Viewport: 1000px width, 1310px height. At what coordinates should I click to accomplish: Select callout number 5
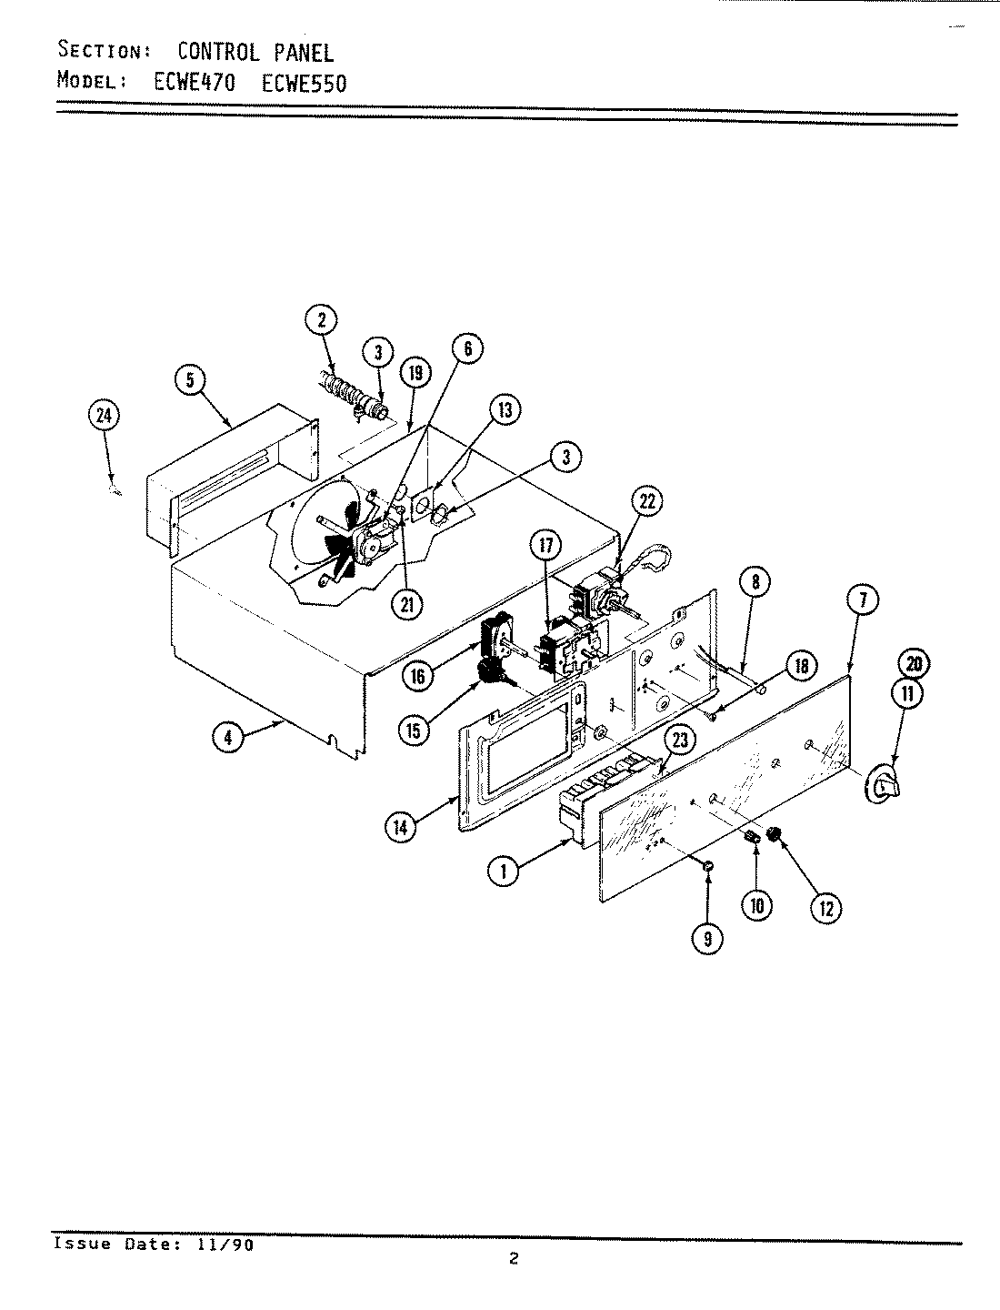click(190, 380)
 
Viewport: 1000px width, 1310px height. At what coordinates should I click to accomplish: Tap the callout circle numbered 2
click(320, 319)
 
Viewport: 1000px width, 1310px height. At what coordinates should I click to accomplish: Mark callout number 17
click(546, 546)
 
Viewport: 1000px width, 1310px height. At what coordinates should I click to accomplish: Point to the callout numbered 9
click(707, 938)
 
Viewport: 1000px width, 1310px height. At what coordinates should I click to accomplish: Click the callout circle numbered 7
click(863, 599)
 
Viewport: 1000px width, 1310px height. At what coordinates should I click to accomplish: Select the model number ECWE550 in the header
click(305, 83)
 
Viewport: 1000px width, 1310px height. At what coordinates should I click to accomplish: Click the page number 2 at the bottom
click(514, 1260)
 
